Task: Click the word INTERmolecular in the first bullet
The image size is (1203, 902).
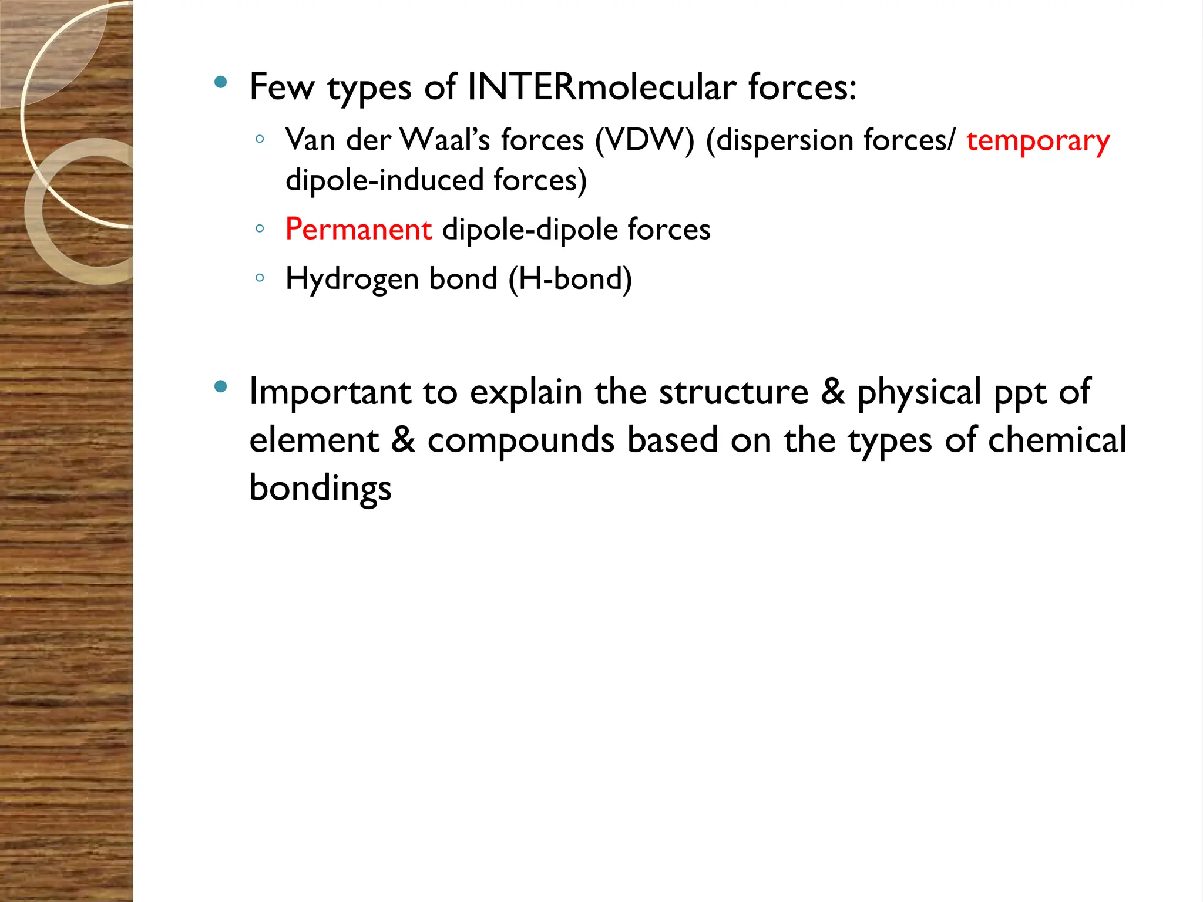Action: [x=601, y=87]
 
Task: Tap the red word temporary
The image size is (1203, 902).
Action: [x=1038, y=142]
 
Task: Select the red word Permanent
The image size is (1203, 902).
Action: [x=358, y=229]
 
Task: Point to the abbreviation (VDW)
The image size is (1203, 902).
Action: [x=644, y=141]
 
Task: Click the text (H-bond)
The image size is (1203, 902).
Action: [x=570, y=279]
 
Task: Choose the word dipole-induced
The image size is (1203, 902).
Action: [x=384, y=180]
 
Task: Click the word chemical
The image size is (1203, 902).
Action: [x=1057, y=440]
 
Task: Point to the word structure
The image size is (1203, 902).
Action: [x=733, y=392]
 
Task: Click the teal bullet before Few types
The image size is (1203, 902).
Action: [x=221, y=82]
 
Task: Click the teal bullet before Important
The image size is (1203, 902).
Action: [x=221, y=386]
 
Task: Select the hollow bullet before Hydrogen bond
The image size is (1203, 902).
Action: [x=260, y=278]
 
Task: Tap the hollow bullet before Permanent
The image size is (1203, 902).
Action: [x=260, y=228]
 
